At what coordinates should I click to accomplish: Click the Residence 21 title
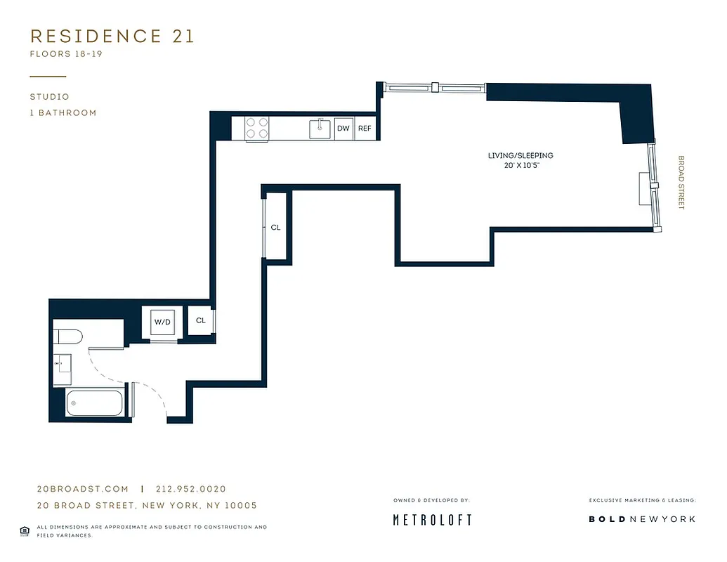point(112,37)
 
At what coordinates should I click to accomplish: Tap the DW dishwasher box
point(343,129)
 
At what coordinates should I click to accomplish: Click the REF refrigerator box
point(365,129)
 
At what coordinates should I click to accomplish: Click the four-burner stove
point(256,129)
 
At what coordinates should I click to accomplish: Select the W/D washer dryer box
point(162,322)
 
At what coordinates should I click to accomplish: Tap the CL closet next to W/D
point(201,320)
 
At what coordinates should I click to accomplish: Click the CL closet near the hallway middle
point(276,227)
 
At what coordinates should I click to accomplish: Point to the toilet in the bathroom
point(69,336)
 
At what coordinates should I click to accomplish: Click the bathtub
point(94,404)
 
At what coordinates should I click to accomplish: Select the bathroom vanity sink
point(63,364)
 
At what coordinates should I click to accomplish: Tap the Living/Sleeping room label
point(520,155)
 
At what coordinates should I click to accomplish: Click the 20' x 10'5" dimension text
point(520,166)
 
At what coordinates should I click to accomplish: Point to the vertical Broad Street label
point(680,182)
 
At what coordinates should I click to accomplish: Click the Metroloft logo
point(431,520)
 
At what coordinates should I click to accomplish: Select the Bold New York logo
point(642,519)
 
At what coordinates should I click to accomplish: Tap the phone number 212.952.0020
point(191,489)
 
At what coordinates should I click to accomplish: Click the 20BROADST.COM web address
point(83,489)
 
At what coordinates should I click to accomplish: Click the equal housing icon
point(25,530)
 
